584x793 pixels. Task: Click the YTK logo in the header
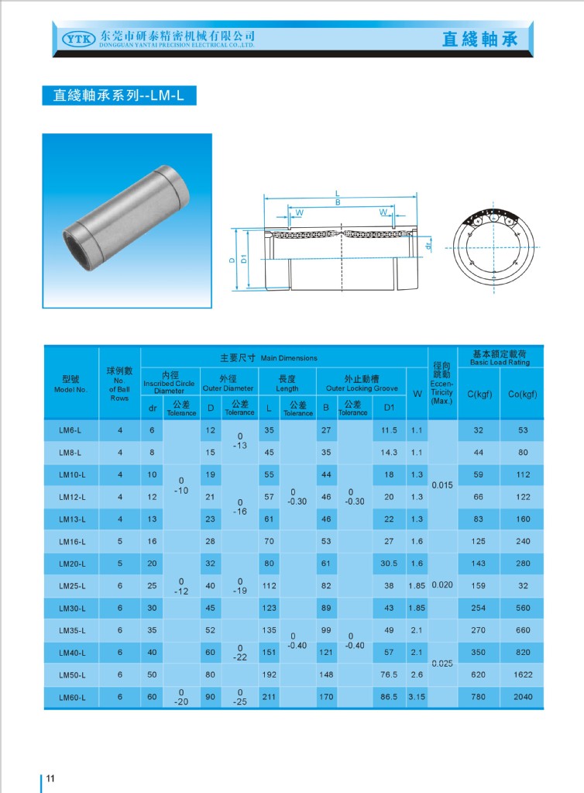click(76, 39)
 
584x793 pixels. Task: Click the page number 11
click(50, 778)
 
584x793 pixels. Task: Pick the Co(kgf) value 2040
click(523, 697)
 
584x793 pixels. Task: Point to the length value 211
click(269, 697)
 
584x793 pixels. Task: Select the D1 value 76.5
click(389, 674)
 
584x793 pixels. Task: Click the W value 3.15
click(417, 697)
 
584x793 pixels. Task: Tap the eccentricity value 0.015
click(441, 484)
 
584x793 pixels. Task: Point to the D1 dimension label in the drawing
click(243, 260)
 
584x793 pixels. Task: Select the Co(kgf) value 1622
click(523, 674)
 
